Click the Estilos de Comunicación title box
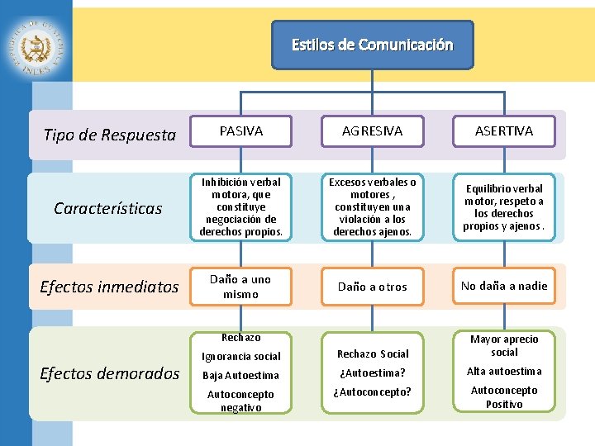(x=373, y=45)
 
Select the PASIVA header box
(x=240, y=131)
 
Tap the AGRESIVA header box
(x=373, y=131)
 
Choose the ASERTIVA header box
(x=504, y=131)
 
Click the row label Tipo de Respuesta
(x=109, y=135)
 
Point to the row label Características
(x=107, y=208)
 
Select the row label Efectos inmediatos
(x=109, y=287)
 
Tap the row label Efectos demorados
(x=109, y=373)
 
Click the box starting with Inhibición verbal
(x=240, y=207)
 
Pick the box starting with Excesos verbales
(x=373, y=207)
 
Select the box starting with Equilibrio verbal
(x=504, y=207)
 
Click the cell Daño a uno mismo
(x=240, y=287)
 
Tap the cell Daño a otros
(x=373, y=287)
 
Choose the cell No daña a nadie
(x=504, y=287)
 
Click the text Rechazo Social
(x=373, y=353)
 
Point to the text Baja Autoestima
(x=240, y=375)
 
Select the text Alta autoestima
(x=504, y=371)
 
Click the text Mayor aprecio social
(x=504, y=345)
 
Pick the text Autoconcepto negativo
(x=240, y=401)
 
